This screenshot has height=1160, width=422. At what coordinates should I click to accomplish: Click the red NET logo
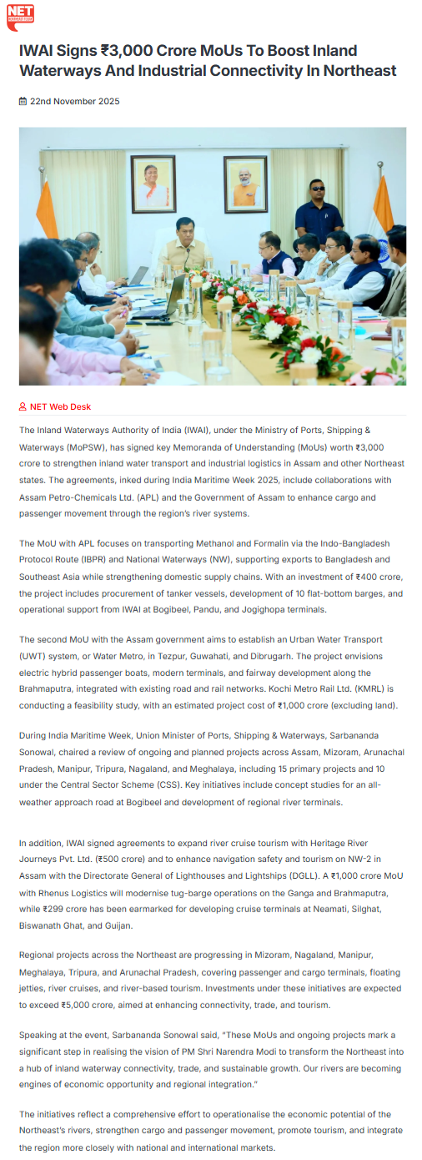coord(20,17)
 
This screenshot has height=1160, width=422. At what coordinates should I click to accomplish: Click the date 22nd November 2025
coord(74,102)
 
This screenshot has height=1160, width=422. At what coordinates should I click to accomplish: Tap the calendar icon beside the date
coord(23,102)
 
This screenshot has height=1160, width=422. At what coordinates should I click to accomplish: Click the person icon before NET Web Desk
coord(23,407)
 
